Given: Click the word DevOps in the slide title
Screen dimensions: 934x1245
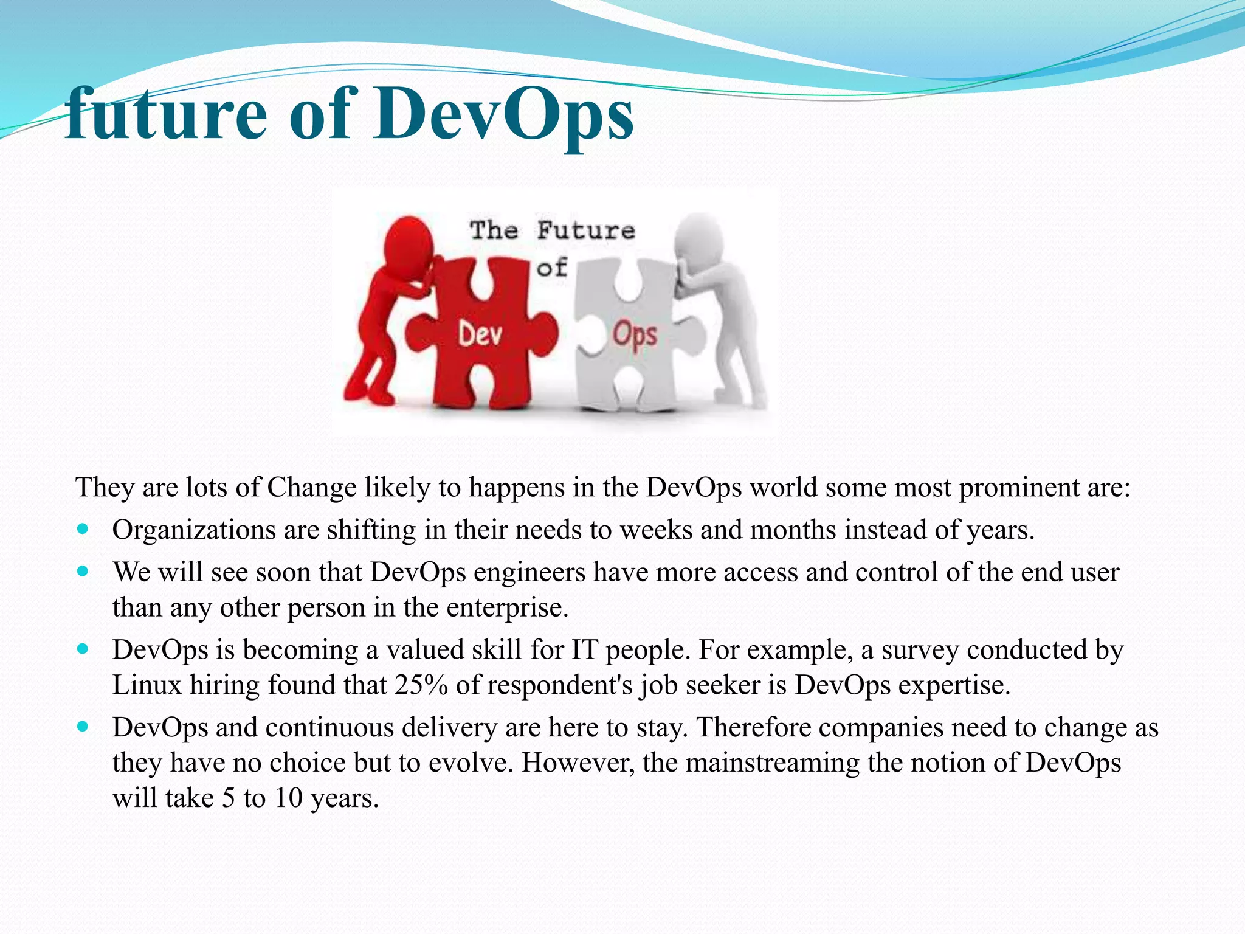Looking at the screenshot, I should (x=503, y=113).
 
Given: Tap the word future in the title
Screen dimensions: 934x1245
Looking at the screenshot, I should (x=165, y=113).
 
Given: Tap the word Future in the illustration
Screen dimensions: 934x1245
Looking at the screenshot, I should (x=586, y=231).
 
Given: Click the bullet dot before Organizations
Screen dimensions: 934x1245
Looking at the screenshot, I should (x=83, y=529).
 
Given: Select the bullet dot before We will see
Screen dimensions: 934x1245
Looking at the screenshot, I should (x=83, y=572).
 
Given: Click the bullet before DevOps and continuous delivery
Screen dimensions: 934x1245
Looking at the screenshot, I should (x=83, y=727).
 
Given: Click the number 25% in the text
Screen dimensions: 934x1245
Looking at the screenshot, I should (x=421, y=685).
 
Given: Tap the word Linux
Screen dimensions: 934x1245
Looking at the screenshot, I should (x=147, y=685).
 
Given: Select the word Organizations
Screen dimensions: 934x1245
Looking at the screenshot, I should (x=194, y=530).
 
